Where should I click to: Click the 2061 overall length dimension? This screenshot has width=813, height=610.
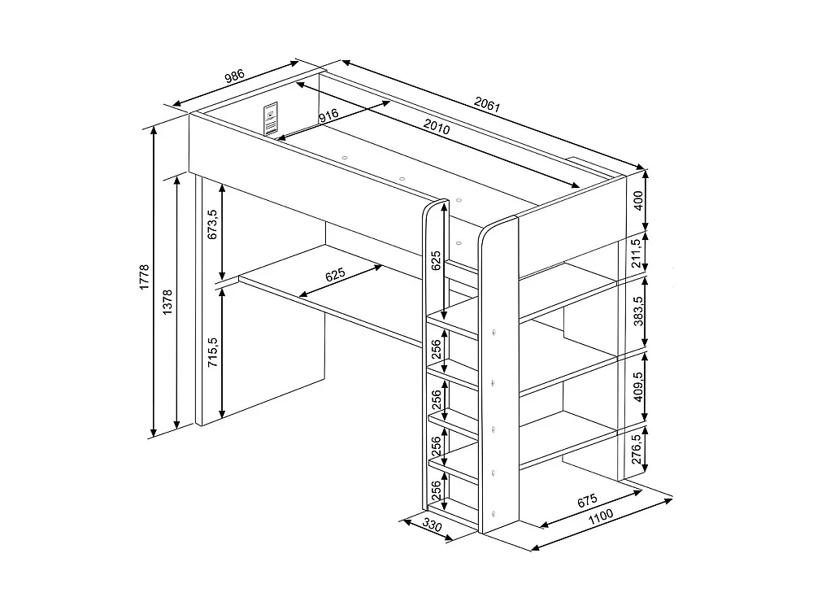click(x=487, y=105)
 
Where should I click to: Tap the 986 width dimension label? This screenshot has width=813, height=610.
click(x=234, y=76)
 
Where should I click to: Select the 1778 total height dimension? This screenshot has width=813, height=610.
click(x=144, y=277)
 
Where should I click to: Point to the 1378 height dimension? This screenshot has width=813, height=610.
click(x=167, y=303)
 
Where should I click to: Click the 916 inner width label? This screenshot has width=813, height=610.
click(x=328, y=115)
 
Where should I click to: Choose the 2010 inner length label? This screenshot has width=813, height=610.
click(x=437, y=127)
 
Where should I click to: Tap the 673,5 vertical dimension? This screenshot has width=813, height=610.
click(x=212, y=224)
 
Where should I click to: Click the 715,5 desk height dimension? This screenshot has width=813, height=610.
click(x=212, y=352)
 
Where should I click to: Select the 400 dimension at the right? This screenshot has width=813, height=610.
click(x=638, y=200)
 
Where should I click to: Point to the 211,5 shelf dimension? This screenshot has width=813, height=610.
click(x=637, y=253)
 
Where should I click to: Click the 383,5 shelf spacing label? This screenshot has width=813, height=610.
click(x=638, y=311)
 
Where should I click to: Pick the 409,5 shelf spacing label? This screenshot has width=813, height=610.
click(x=638, y=386)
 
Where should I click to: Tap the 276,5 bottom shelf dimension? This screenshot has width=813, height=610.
click(x=637, y=449)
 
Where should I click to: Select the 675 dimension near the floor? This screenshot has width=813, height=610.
click(x=587, y=500)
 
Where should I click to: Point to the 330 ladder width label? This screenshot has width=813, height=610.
click(x=432, y=525)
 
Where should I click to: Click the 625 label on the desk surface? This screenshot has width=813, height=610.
click(x=336, y=275)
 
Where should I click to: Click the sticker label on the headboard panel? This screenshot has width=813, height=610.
click(x=271, y=119)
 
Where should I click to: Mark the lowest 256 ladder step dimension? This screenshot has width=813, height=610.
click(x=436, y=490)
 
